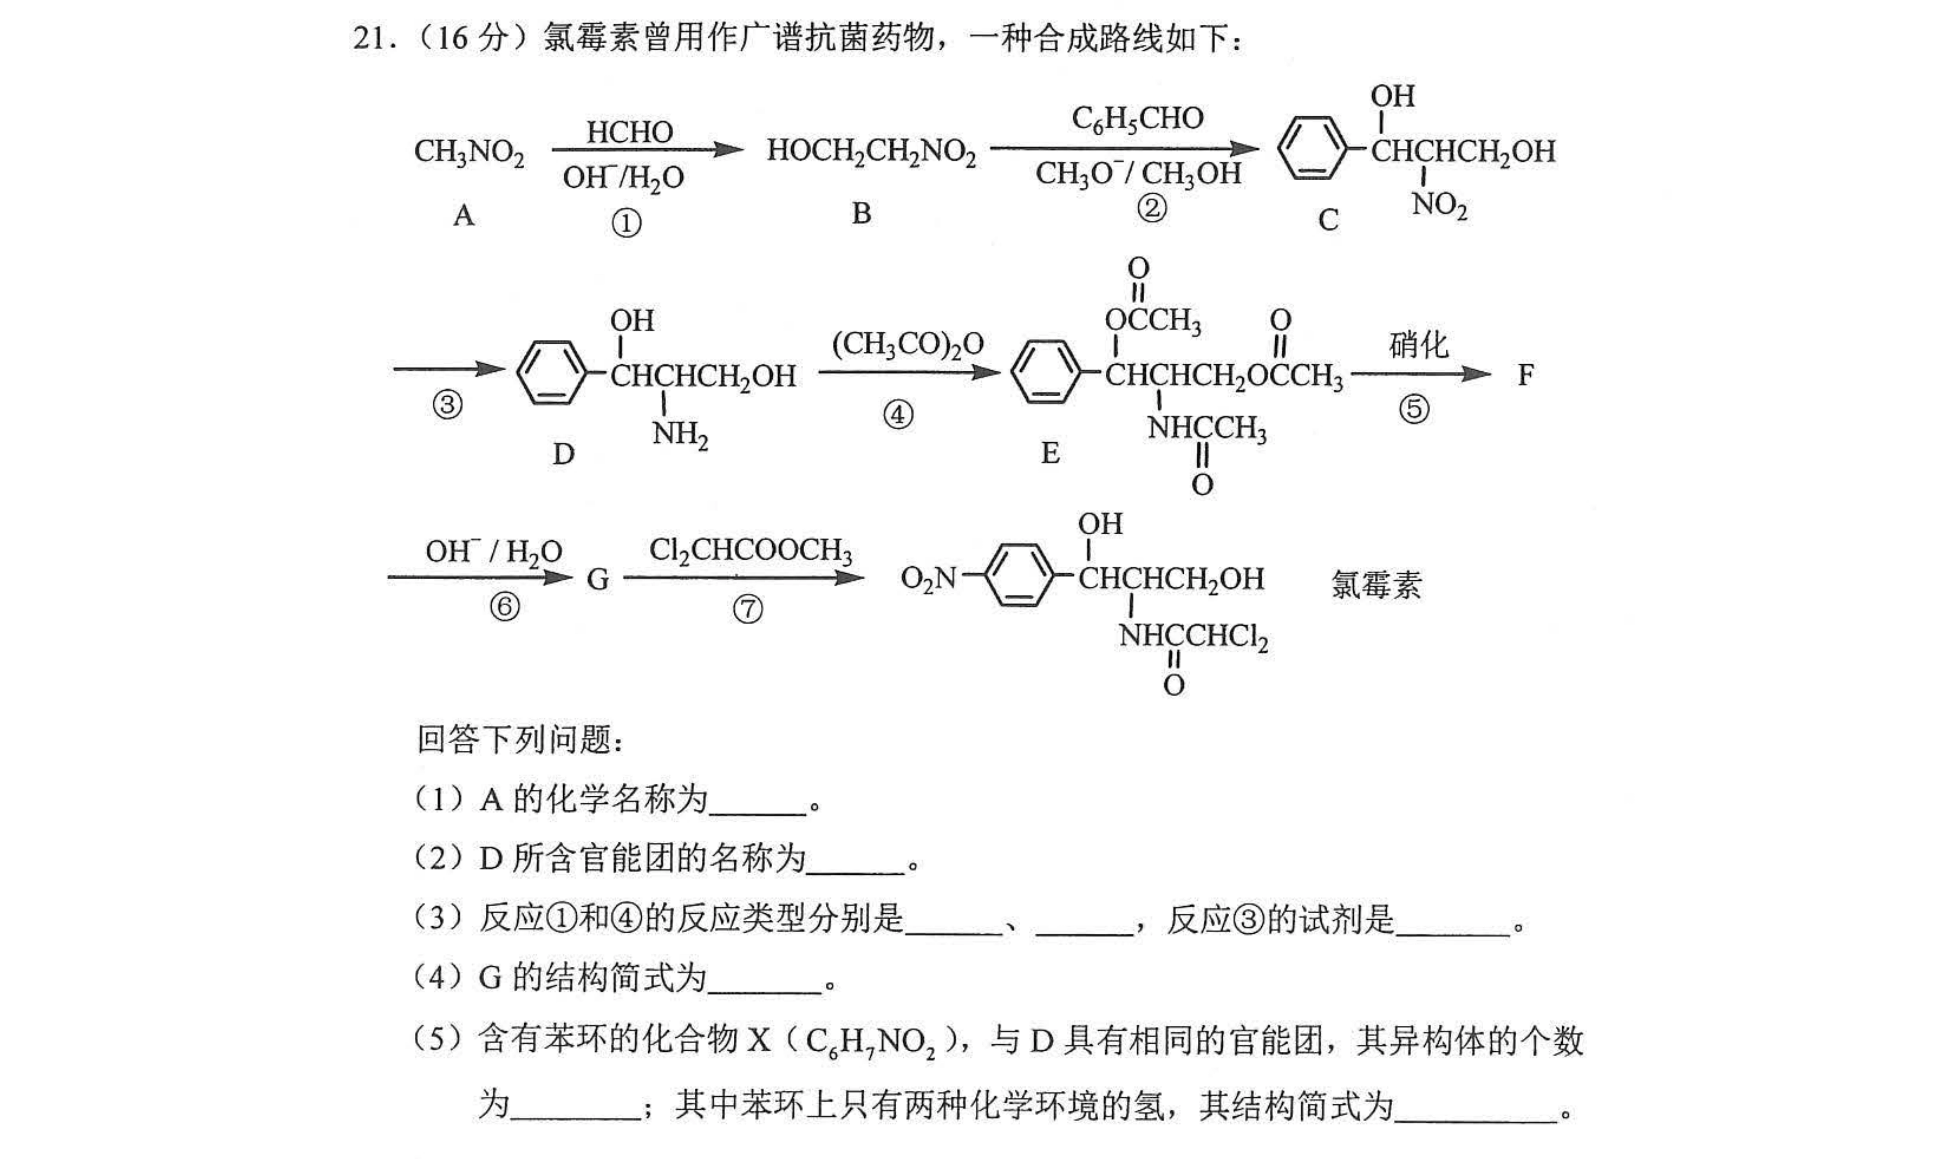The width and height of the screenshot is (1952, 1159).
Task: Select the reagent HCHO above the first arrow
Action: pyautogui.click(x=630, y=132)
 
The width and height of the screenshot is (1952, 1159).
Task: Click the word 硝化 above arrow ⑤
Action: pyautogui.click(x=1418, y=345)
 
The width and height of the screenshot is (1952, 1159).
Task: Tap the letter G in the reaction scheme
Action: pyautogui.click(x=598, y=579)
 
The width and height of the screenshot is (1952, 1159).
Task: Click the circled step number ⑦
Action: pyautogui.click(x=747, y=609)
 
